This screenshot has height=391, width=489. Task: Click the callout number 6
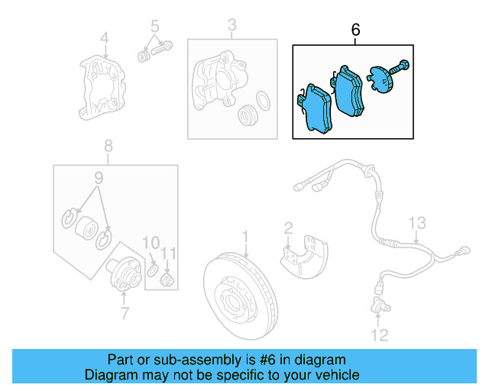(355, 30)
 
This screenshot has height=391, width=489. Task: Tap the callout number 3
(232, 28)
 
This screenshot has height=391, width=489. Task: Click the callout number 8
(108, 145)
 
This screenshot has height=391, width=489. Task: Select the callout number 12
(380, 334)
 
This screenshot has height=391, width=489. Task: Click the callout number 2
(288, 227)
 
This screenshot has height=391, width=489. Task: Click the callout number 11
(170, 253)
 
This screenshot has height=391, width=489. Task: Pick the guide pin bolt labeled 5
(153, 51)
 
